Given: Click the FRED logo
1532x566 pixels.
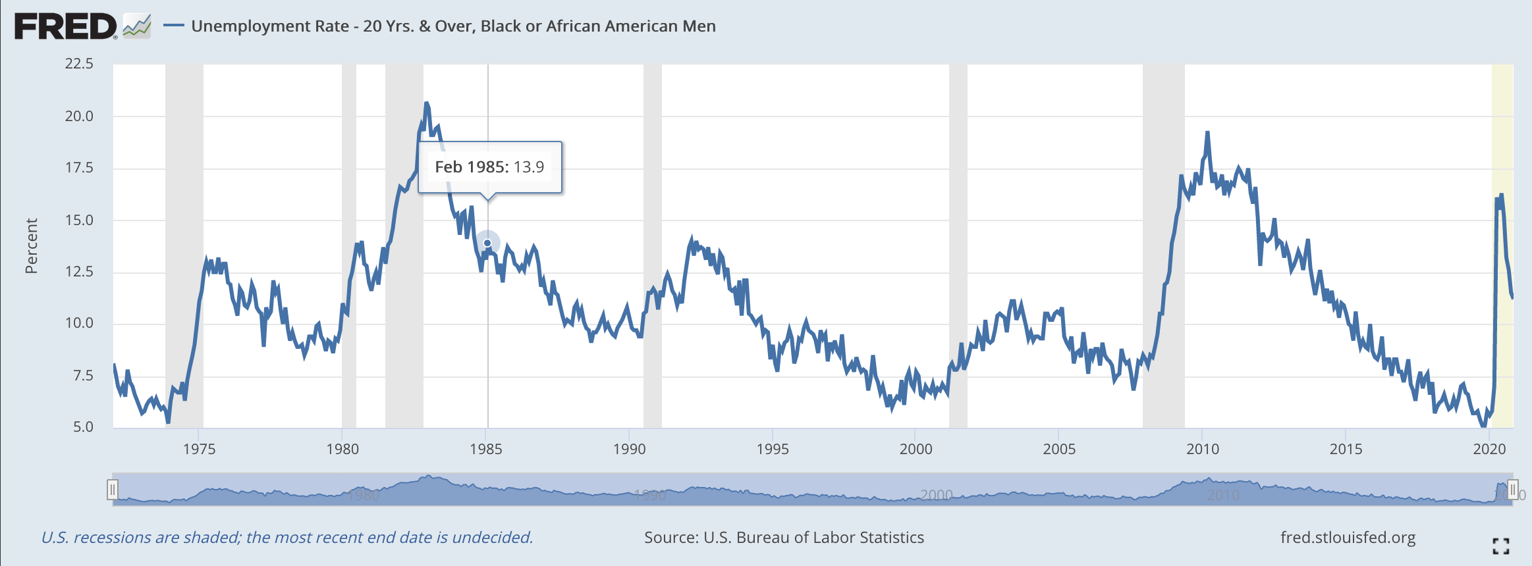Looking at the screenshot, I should click(x=66, y=26).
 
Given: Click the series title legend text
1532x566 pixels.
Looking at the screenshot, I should click(x=453, y=26).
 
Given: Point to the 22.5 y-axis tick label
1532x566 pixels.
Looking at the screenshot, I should click(x=79, y=64).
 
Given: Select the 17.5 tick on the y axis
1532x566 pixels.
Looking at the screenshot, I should click(x=79, y=168).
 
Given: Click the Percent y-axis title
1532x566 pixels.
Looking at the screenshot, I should click(x=31, y=245).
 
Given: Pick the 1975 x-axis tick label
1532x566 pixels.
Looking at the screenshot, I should click(x=199, y=449).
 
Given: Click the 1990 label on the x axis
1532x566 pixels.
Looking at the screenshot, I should click(x=629, y=449).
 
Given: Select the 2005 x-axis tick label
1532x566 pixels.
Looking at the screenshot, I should click(x=1059, y=449).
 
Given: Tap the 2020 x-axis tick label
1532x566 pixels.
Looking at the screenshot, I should click(x=1489, y=449).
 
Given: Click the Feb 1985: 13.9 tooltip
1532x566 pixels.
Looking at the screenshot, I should click(x=489, y=167).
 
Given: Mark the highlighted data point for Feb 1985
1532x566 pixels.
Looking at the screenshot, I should click(x=487, y=244).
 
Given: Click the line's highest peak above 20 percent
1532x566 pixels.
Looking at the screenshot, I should click(x=427, y=103).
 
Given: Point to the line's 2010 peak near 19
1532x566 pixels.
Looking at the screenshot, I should click(x=1207, y=133).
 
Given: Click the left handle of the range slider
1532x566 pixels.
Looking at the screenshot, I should click(x=113, y=490).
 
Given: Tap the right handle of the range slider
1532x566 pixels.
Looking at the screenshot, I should click(x=1513, y=490).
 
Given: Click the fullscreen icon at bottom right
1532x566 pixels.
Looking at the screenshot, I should click(x=1501, y=546).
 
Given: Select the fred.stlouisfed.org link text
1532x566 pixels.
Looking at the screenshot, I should click(x=1348, y=538).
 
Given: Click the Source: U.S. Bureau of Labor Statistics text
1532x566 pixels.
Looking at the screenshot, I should click(x=784, y=538).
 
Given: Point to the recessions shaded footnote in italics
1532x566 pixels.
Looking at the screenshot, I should click(x=287, y=538).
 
